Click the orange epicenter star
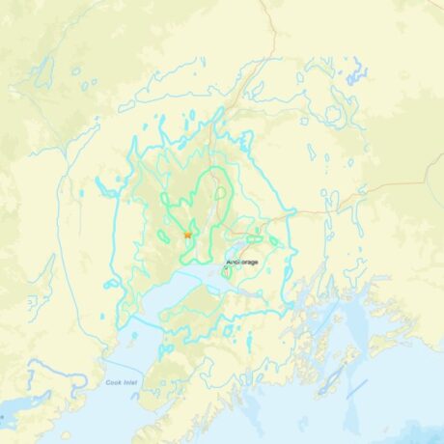pyautogui.click(x=187, y=234)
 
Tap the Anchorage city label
pyautogui.click(x=243, y=262)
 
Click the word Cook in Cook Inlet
pyautogui.click(x=115, y=383)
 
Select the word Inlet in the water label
pyautogui.click(x=134, y=383)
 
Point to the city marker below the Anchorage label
pyautogui.click(x=226, y=273)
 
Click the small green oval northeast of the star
pyautogui.click(x=221, y=192)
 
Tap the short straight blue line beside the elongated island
pyautogui.click(x=356, y=388)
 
